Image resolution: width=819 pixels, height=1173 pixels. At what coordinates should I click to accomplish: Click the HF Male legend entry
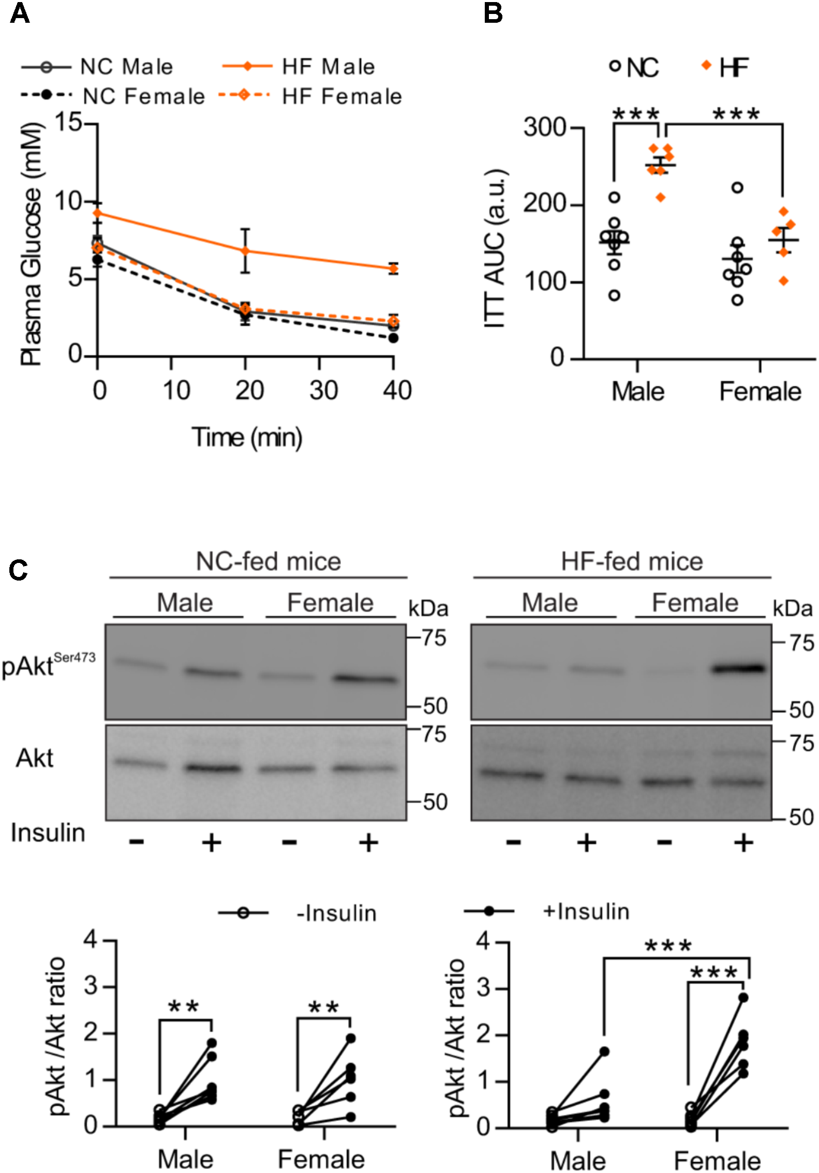pyautogui.click(x=328, y=67)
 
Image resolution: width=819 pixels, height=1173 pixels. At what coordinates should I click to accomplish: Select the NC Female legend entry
pyautogui.click(x=143, y=96)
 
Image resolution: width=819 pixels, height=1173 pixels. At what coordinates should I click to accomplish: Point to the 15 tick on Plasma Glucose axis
pyautogui.click(x=69, y=123)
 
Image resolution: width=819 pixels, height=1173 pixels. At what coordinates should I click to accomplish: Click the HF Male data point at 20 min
pyautogui.click(x=245, y=251)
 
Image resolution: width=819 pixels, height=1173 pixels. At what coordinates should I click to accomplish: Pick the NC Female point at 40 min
pyautogui.click(x=393, y=338)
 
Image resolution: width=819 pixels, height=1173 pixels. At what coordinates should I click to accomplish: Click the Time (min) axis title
pyautogui.click(x=247, y=437)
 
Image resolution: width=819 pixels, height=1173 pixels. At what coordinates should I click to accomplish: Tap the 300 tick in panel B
pyautogui.click(x=545, y=127)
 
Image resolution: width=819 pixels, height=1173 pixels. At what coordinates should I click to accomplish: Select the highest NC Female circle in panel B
pyautogui.click(x=737, y=187)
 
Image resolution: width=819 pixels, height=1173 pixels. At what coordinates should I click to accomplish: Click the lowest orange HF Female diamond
pyautogui.click(x=784, y=281)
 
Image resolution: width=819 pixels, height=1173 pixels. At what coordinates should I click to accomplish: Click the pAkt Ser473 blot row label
pyautogui.click(x=48, y=665)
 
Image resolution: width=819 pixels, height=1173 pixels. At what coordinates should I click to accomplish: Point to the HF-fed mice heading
pyautogui.click(x=632, y=561)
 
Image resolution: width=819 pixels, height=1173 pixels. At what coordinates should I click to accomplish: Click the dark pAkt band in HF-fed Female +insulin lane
pyautogui.click(x=738, y=669)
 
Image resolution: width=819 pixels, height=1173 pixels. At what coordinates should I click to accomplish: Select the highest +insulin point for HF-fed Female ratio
pyautogui.click(x=743, y=998)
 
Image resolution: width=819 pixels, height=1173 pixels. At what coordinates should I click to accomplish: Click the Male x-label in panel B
pyautogui.click(x=637, y=392)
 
